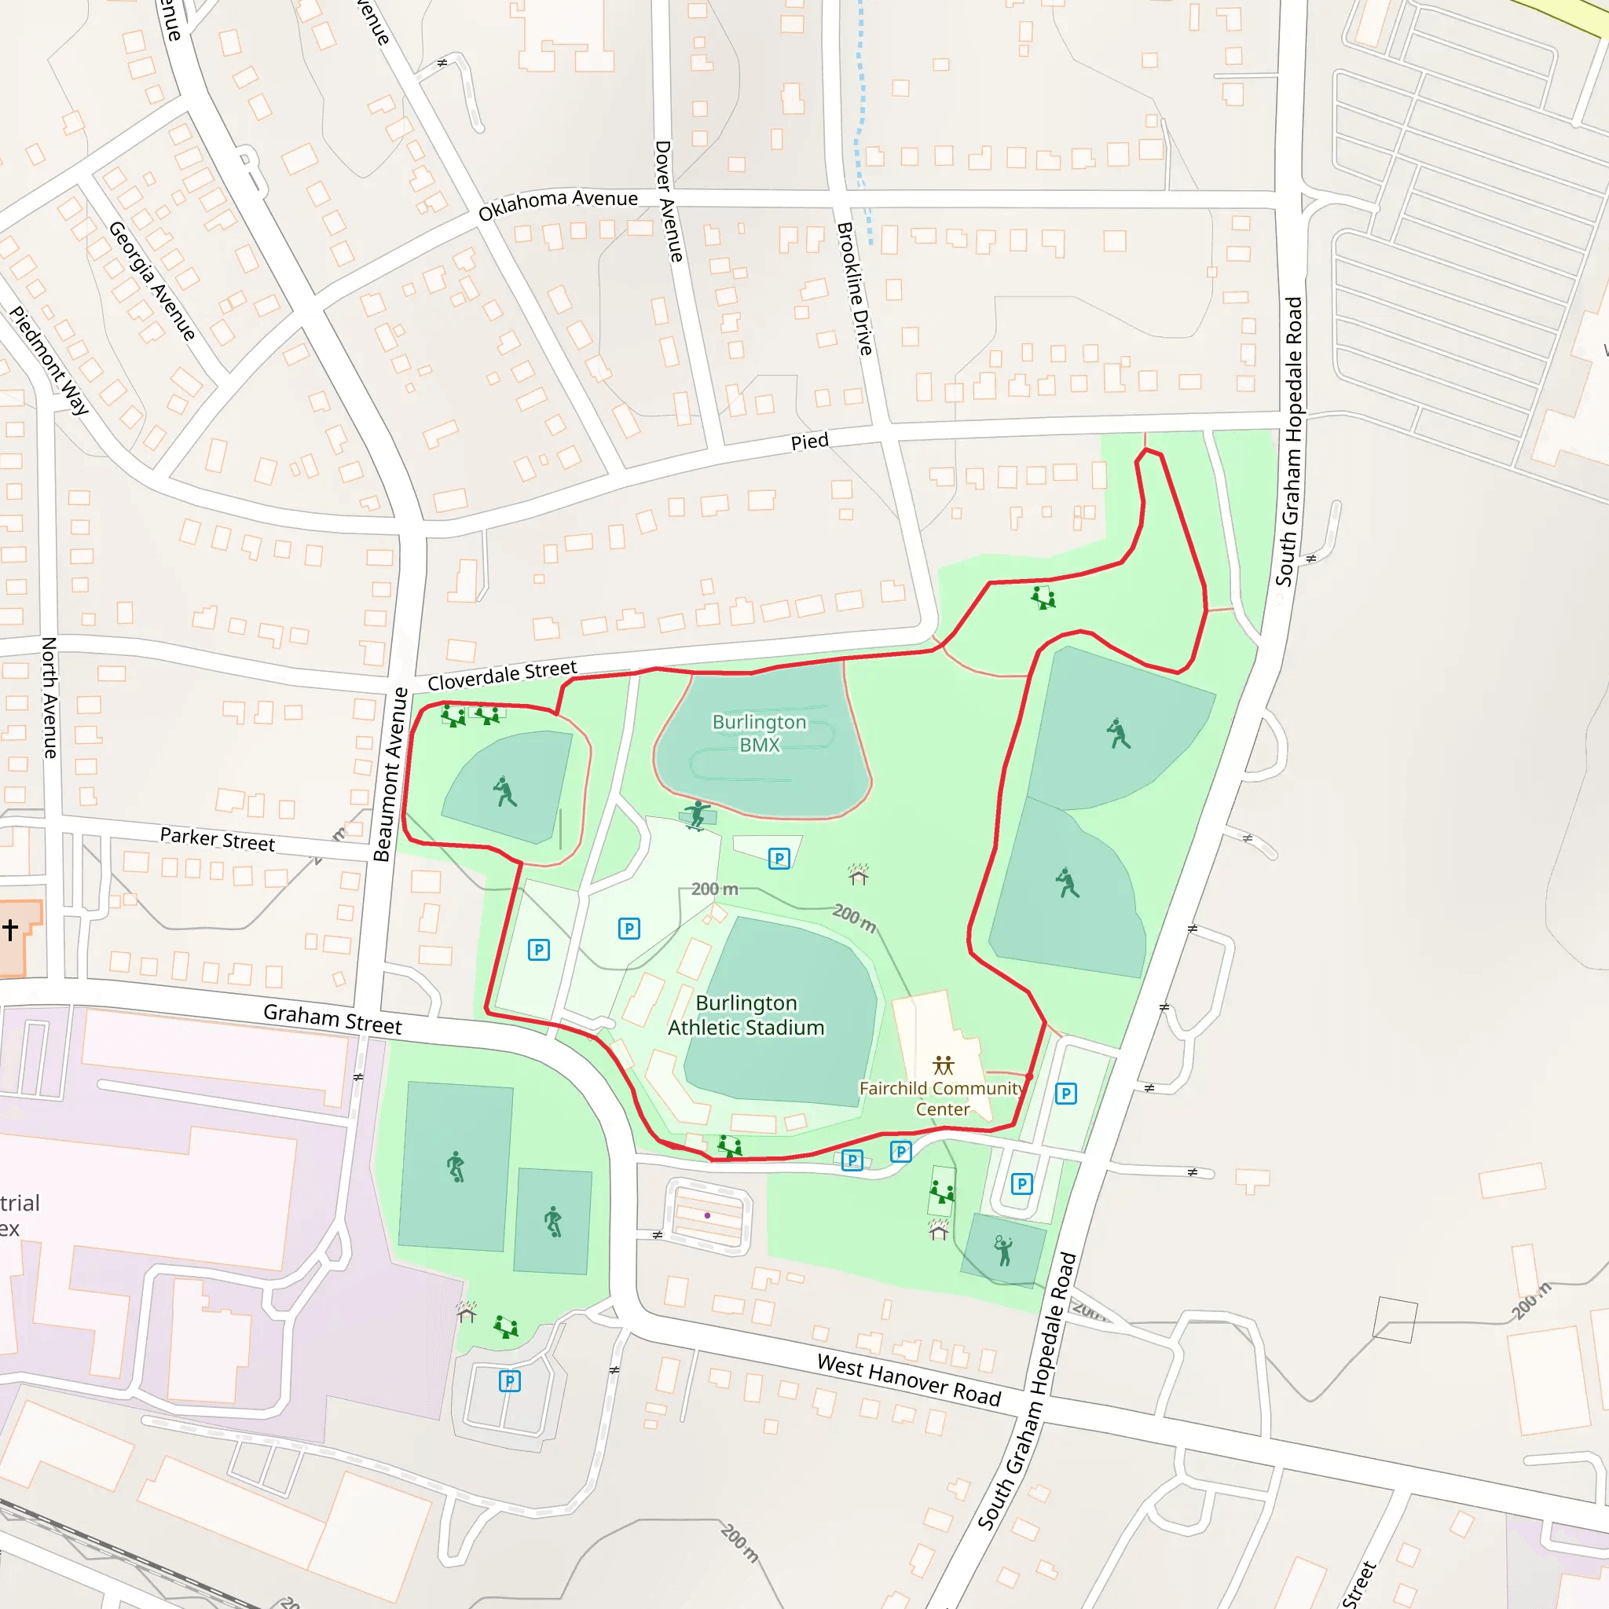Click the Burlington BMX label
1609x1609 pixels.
click(x=759, y=733)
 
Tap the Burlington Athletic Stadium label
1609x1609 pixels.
click(x=746, y=1014)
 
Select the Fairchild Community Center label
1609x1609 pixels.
click(x=942, y=1098)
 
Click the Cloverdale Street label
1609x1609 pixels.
click(x=501, y=676)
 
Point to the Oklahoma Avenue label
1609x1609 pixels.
click(x=558, y=203)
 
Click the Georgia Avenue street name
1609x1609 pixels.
click(x=152, y=280)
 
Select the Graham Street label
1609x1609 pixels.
click(x=332, y=1018)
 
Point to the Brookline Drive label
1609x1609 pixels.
click(x=855, y=288)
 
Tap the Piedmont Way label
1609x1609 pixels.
click(x=48, y=360)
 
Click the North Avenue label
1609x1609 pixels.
click(x=49, y=697)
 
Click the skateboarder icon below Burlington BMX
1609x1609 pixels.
click(x=697, y=814)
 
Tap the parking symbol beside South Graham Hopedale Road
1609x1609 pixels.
click(x=1066, y=1094)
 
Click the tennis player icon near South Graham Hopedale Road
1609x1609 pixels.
click(x=1003, y=1250)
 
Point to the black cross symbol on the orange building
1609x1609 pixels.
click(x=10, y=929)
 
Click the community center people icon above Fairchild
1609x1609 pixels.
click(x=943, y=1065)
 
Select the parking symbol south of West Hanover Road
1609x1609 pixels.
click(x=510, y=1382)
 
